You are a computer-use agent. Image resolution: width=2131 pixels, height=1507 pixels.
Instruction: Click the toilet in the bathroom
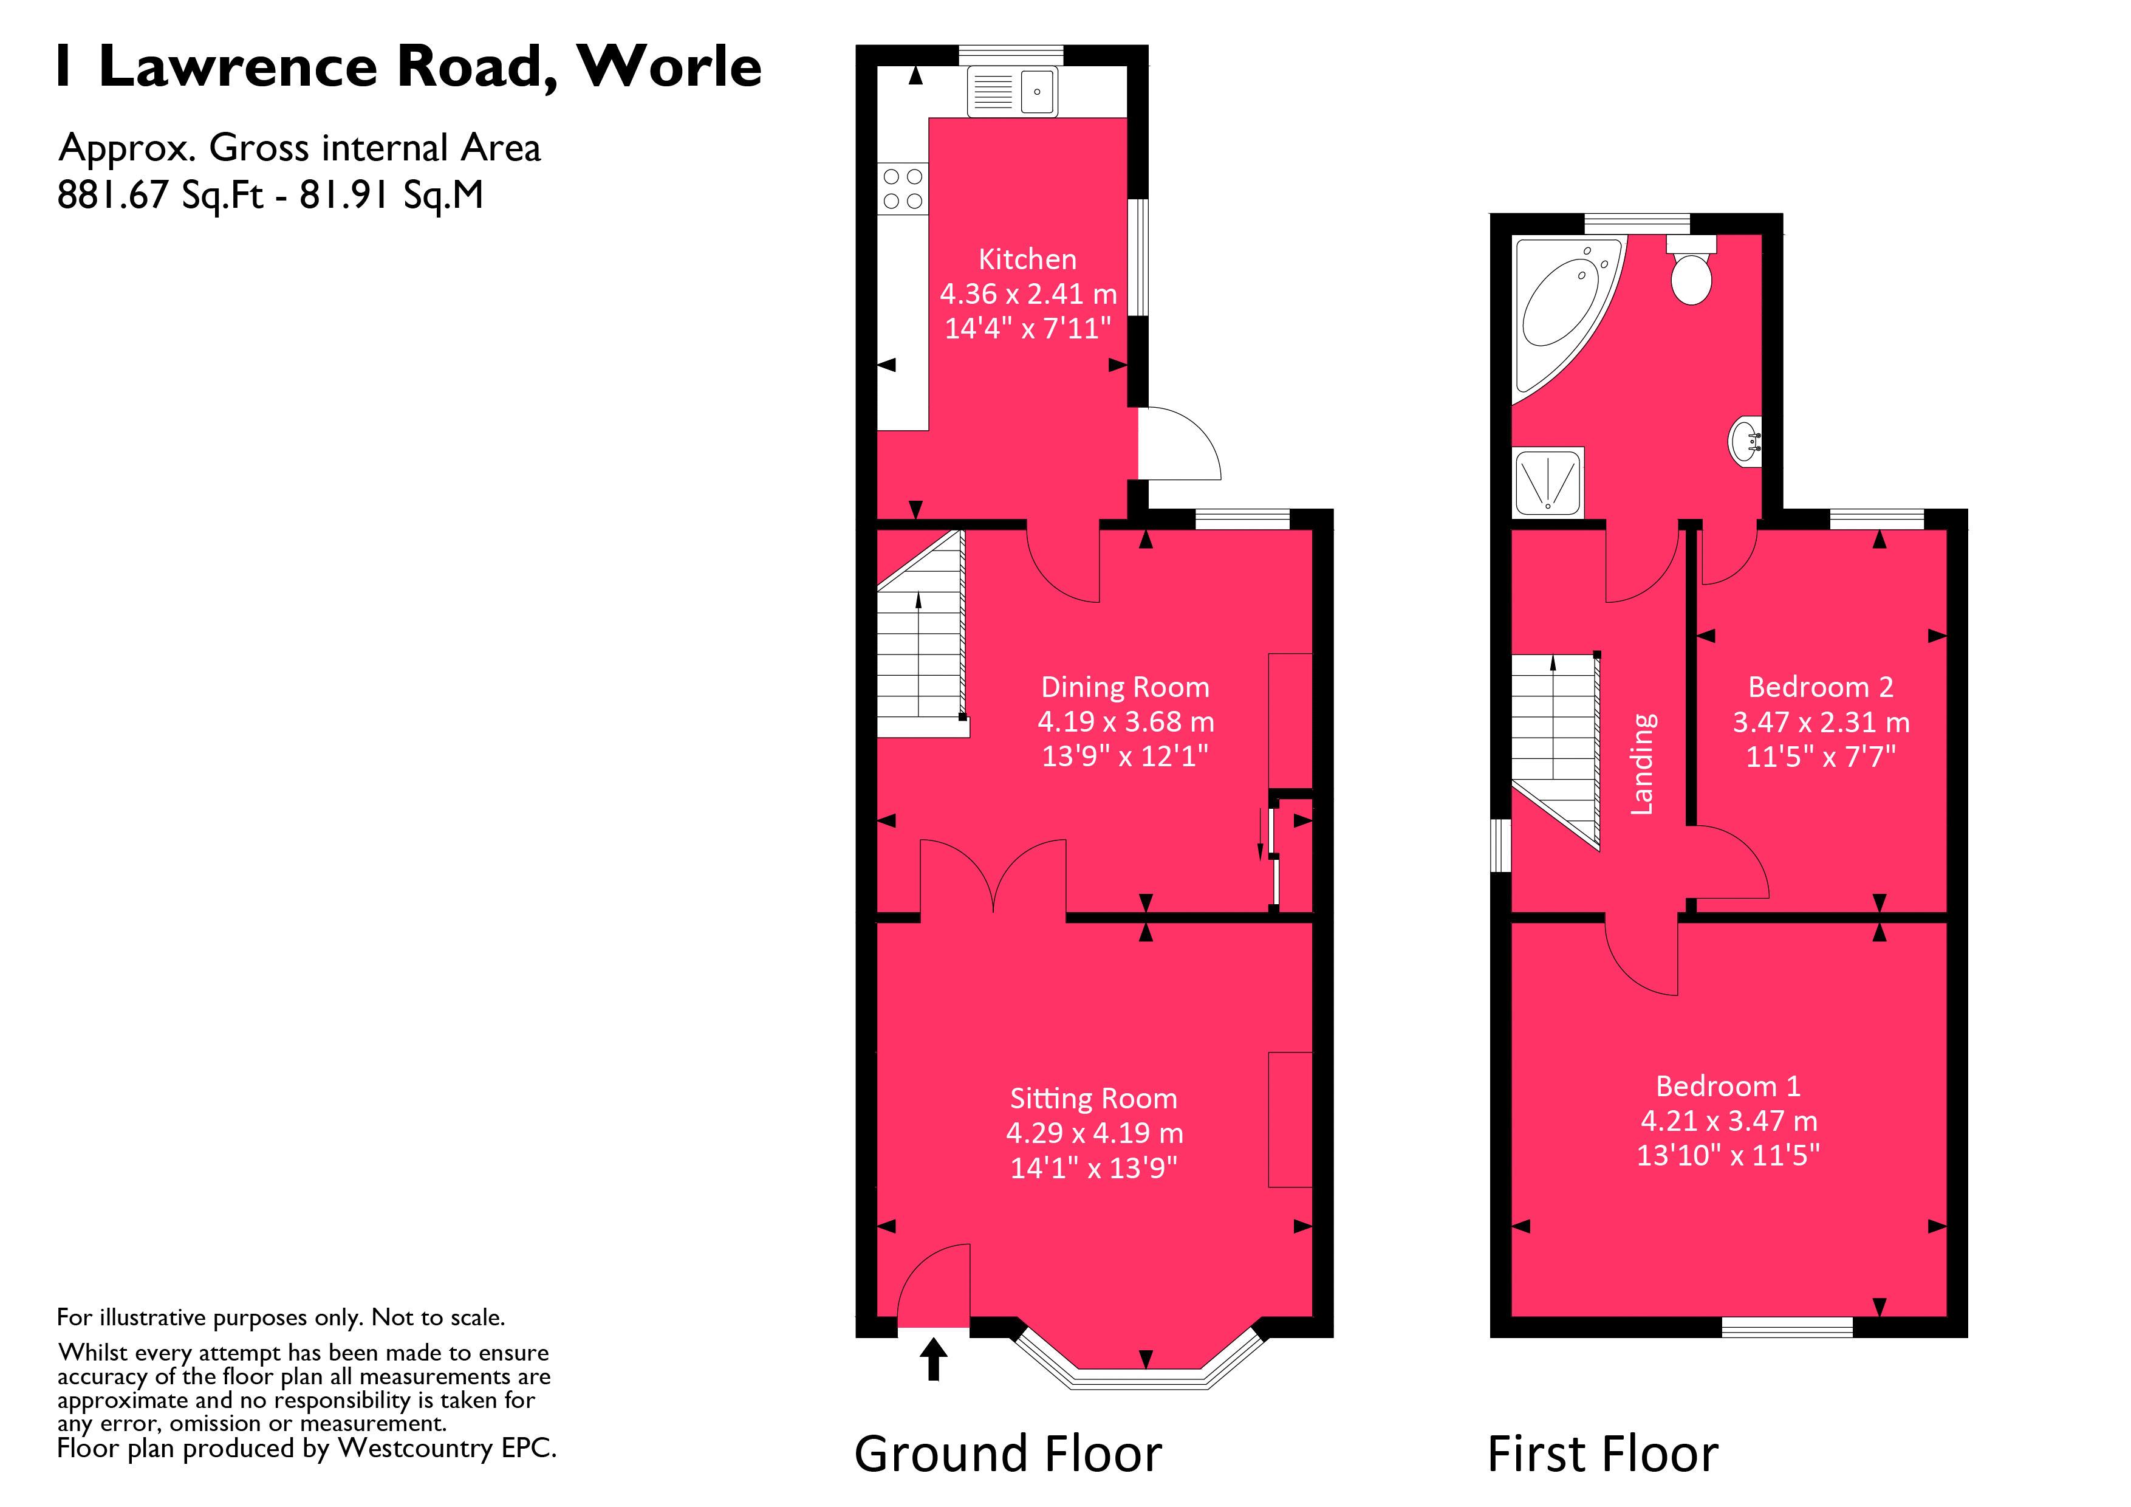(1691, 272)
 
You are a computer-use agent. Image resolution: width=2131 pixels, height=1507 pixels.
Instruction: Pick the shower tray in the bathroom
(1547, 483)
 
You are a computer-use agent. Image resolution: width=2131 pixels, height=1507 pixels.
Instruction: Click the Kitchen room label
(1027, 259)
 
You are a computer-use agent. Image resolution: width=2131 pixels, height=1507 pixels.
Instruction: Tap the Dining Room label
(1125, 687)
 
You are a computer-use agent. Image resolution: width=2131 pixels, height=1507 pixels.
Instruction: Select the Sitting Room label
(1093, 1099)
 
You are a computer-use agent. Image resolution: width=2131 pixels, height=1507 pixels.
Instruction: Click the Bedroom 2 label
(1820, 687)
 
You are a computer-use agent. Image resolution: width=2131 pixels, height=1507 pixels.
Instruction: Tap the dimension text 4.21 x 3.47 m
(1728, 1121)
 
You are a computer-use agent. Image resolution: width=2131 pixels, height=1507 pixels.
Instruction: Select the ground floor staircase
(922, 640)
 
